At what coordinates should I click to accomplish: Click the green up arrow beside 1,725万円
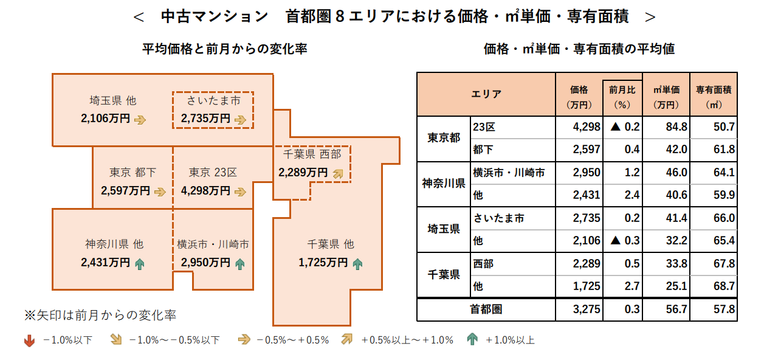click(x=357, y=263)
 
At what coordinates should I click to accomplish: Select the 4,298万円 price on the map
click(x=205, y=191)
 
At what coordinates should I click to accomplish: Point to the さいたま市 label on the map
click(x=213, y=100)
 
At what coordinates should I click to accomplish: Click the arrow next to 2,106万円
click(x=140, y=119)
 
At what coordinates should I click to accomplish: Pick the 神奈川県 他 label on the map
click(x=114, y=244)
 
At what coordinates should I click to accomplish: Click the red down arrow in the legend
click(x=29, y=341)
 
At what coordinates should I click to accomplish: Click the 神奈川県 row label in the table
click(x=444, y=183)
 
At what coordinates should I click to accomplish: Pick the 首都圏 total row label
click(x=486, y=310)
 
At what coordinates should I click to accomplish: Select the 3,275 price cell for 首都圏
click(x=579, y=310)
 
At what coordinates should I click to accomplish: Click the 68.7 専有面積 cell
click(x=714, y=286)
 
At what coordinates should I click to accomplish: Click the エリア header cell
click(x=486, y=94)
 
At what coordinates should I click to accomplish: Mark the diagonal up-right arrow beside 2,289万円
click(x=338, y=173)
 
